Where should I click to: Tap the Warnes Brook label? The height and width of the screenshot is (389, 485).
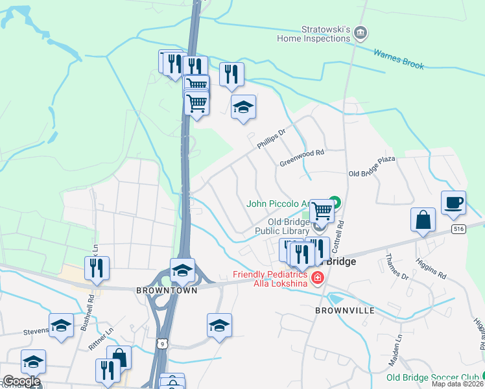pyautogui.click(x=399, y=58)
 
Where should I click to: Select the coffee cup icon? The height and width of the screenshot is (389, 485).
pyautogui.click(x=453, y=202)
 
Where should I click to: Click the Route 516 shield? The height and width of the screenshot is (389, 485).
pyautogui.click(x=459, y=229)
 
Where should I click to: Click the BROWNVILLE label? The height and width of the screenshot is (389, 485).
pyautogui.click(x=344, y=311)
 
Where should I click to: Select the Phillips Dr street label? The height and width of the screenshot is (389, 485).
pyautogui.click(x=271, y=139)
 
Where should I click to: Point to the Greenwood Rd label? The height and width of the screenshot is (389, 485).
pyautogui.click(x=302, y=158)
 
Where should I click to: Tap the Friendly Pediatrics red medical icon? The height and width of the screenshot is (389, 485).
pyautogui.click(x=317, y=279)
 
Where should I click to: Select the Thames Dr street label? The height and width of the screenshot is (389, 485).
pyautogui.click(x=396, y=268)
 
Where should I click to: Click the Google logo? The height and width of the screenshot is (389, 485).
pyautogui.click(x=21, y=381)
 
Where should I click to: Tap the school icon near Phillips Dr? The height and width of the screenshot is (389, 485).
pyautogui.click(x=243, y=107)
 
